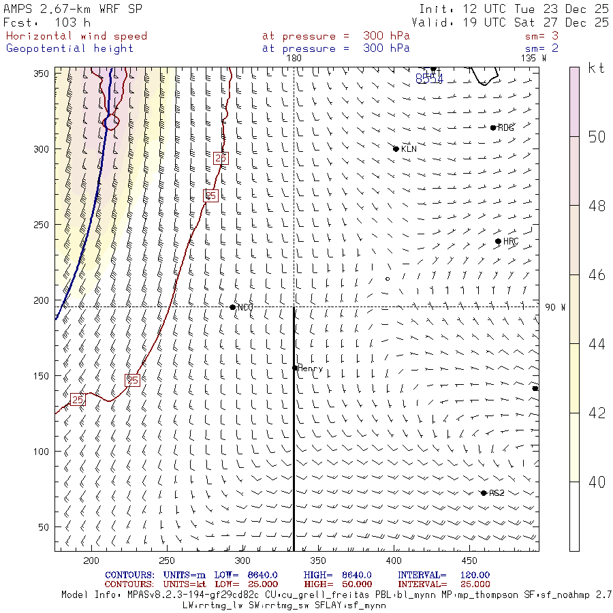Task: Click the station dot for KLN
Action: [396, 148]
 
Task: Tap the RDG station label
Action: [506, 128]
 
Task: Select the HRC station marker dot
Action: [498, 241]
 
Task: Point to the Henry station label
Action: [311, 368]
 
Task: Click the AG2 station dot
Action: [484, 493]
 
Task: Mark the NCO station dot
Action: [233, 307]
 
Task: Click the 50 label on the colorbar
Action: [597, 137]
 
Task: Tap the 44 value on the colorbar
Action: [597, 344]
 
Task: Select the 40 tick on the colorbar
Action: [597, 482]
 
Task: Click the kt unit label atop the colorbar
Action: [597, 68]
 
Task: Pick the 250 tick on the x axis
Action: [167, 561]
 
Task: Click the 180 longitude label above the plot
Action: [294, 59]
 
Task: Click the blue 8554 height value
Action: [429, 80]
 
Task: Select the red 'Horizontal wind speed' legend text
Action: [76, 36]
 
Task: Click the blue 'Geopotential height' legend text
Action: [70, 48]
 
